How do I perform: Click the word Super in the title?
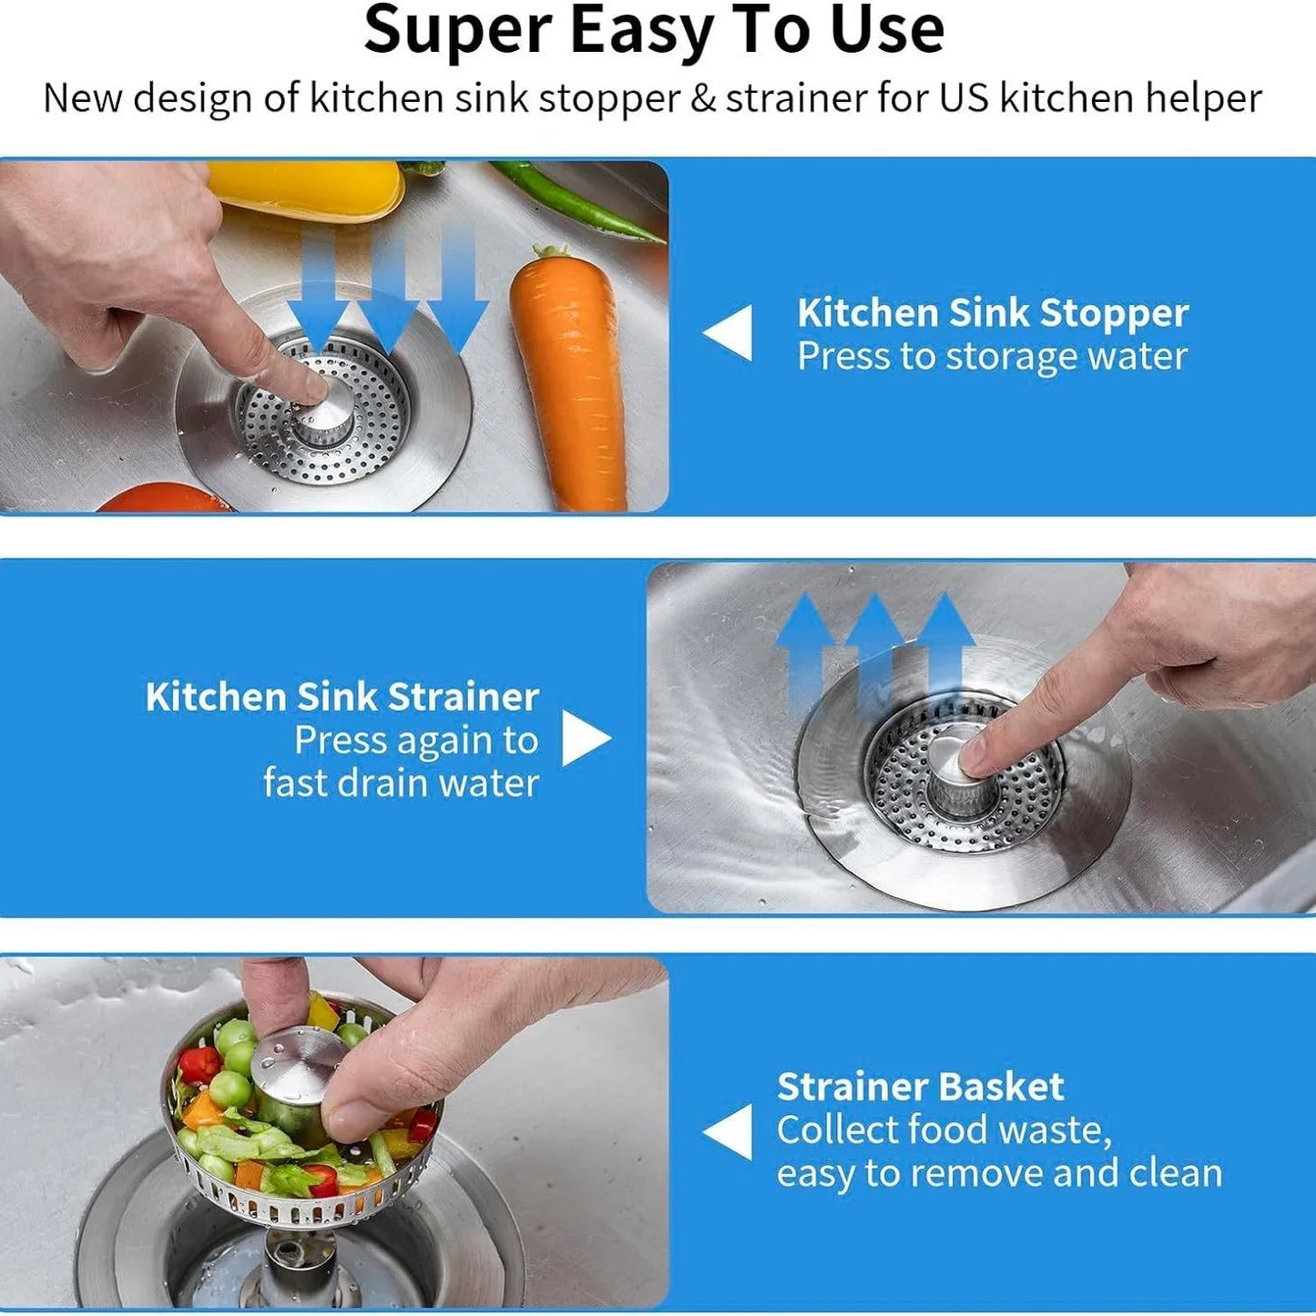458,31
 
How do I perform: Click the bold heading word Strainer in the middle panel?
463,697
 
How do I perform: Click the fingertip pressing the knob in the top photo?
314,389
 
